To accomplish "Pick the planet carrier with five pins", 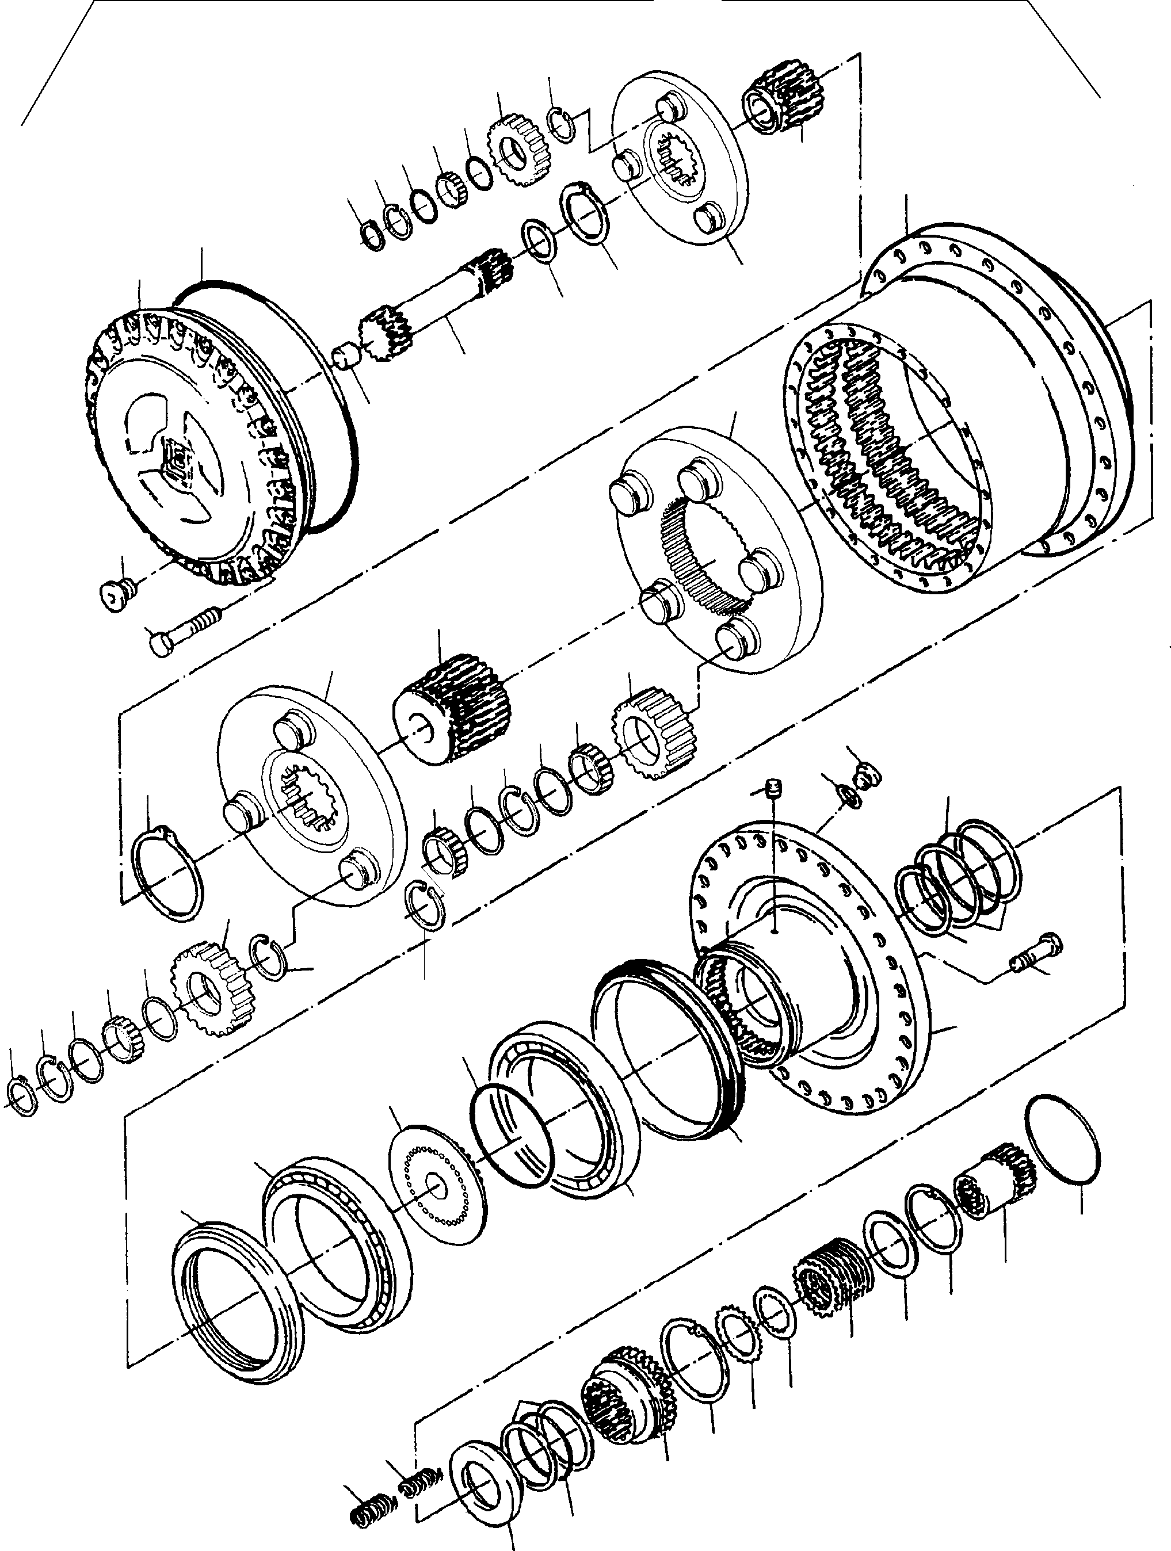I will pyautogui.click(x=715, y=547).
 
